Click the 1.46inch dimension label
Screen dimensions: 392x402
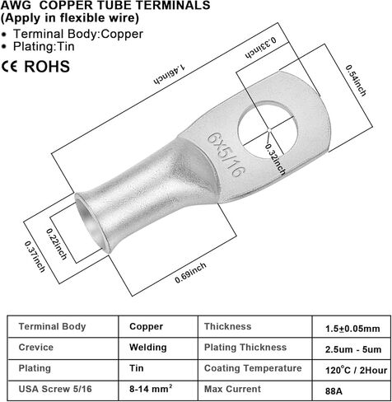[x=170, y=74]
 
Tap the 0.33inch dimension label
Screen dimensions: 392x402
[x=261, y=47]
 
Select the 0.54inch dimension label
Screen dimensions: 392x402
[x=356, y=80]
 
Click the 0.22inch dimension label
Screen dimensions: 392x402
[x=56, y=244]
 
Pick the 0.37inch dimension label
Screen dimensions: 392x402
[x=35, y=256]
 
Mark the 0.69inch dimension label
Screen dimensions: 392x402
[x=190, y=273]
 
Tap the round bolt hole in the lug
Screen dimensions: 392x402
[x=268, y=129]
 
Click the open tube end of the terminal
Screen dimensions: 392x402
[x=90, y=222]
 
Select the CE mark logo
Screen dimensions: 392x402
[x=10, y=67]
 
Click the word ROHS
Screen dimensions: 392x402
[x=47, y=67]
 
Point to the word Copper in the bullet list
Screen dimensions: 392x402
[x=124, y=34]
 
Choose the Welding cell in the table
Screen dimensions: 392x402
[x=148, y=347]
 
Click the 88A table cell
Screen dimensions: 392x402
[x=334, y=391]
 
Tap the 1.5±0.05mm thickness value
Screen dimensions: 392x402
[x=352, y=329]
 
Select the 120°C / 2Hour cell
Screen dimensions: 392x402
[x=357, y=370]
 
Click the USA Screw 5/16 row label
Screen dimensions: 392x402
[x=55, y=389]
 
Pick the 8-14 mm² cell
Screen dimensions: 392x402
[x=151, y=388]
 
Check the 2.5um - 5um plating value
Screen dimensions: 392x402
[x=353, y=349]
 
